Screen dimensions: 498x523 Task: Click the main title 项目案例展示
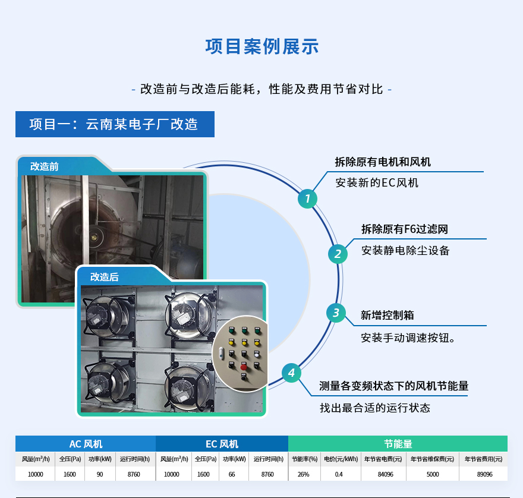pos(261,47)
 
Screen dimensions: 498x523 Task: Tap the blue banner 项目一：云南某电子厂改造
pos(114,124)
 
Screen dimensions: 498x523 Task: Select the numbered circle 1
pos(307,198)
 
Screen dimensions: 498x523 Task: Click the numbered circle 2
pos(338,254)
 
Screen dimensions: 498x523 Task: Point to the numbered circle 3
pos(336,313)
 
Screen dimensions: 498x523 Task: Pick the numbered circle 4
pos(291,373)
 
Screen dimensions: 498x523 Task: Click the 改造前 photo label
pos(45,167)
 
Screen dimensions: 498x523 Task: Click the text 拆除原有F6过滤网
pos(405,229)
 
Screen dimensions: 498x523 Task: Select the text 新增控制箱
pos(387,315)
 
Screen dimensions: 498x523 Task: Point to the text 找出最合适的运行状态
pos(375,408)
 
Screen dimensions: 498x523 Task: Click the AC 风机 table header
pos(86,444)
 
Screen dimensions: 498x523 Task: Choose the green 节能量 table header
pos(398,444)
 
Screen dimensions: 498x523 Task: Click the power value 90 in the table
pos(100,474)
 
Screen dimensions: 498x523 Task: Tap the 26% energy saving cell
pos(304,474)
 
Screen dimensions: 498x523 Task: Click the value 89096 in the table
pos(484,474)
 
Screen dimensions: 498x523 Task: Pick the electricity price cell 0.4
pos(339,474)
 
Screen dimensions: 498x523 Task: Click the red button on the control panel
pos(244,367)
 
